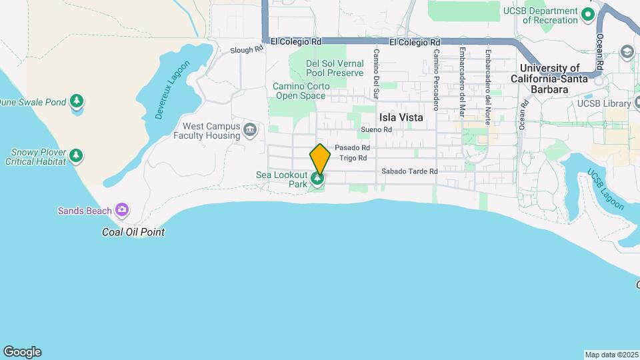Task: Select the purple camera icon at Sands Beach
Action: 121,211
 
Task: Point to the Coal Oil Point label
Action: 133,232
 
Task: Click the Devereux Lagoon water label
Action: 173,90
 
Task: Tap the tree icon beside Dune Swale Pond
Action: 77,101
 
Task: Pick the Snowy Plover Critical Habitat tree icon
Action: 77,155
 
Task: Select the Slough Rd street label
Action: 247,50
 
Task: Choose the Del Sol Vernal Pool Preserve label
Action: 335,68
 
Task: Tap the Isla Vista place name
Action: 401,117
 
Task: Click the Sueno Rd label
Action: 374,129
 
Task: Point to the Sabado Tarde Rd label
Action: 409,171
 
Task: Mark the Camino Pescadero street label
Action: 436,79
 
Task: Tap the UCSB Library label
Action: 604,103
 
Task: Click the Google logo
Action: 22,352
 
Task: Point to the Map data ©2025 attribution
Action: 610,355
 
